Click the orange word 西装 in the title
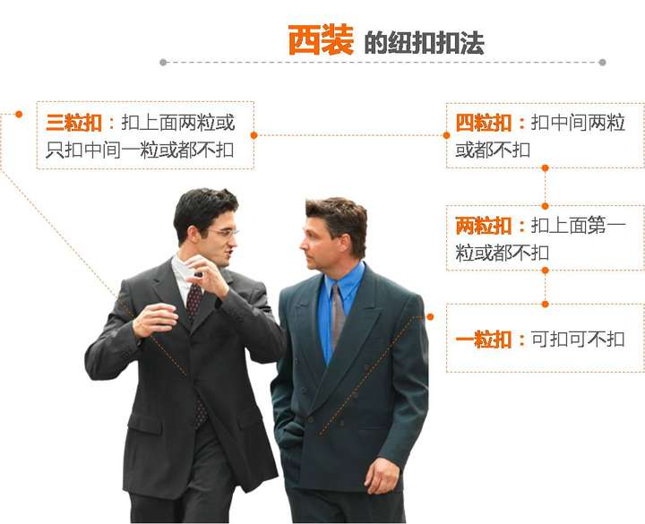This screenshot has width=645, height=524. tap(320, 40)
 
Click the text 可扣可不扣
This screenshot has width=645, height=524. tap(578, 339)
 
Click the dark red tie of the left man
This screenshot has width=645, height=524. tap(193, 305)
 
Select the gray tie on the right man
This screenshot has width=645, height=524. tap(337, 318)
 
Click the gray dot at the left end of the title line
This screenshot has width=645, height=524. tap(163, 63)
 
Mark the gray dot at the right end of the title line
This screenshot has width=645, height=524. tap(602, 63)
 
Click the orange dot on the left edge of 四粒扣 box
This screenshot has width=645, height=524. tap(446, 135)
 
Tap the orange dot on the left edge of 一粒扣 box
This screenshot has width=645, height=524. tap(431, 316)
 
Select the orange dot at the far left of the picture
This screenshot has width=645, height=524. tap(18, 114)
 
